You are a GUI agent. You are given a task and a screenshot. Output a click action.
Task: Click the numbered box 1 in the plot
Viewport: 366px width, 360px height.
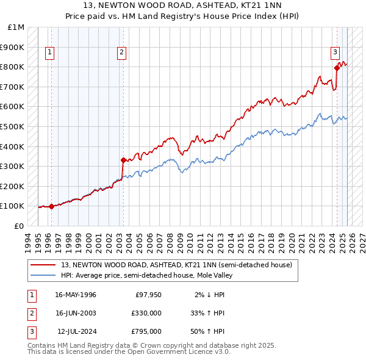pyautogui.click(x=49, y=52)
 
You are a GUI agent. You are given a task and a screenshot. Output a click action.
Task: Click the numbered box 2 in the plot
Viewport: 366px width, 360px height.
pyautogui.click(x=122, y=52)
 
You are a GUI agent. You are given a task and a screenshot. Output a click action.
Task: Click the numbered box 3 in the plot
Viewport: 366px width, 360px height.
pyautogui.click(x=335, y=52)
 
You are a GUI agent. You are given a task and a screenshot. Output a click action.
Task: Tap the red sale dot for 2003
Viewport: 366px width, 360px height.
pyautogui.click(x=123, y=160)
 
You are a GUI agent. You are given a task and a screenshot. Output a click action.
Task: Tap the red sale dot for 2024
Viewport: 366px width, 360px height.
pyautogui.click(x=337, y=68)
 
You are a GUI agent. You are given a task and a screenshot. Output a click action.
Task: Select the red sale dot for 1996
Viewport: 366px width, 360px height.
pyautogui.click(x=51, y=206)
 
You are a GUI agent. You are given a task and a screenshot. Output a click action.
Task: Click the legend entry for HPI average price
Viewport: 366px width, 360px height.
pyautogui.click(x=146, y=275)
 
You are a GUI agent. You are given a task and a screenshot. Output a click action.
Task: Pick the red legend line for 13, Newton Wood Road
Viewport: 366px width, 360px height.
pyautogui.click(x=43, y=265)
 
